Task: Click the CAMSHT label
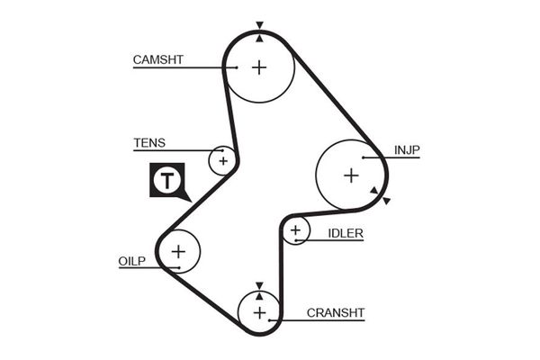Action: (157, 60)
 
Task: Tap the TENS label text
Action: (148, 143)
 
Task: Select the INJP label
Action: (407, 149)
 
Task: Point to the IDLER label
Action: (346, 233)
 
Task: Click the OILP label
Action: (130, 261)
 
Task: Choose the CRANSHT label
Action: (336, 313)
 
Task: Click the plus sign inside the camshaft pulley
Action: (259, 67)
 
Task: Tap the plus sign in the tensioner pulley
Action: (221, 160)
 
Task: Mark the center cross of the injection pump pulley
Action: (351, 175)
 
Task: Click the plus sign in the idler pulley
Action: (295, 232)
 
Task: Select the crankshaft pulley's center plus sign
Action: (259, 312)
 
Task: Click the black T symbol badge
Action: (167, 181)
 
